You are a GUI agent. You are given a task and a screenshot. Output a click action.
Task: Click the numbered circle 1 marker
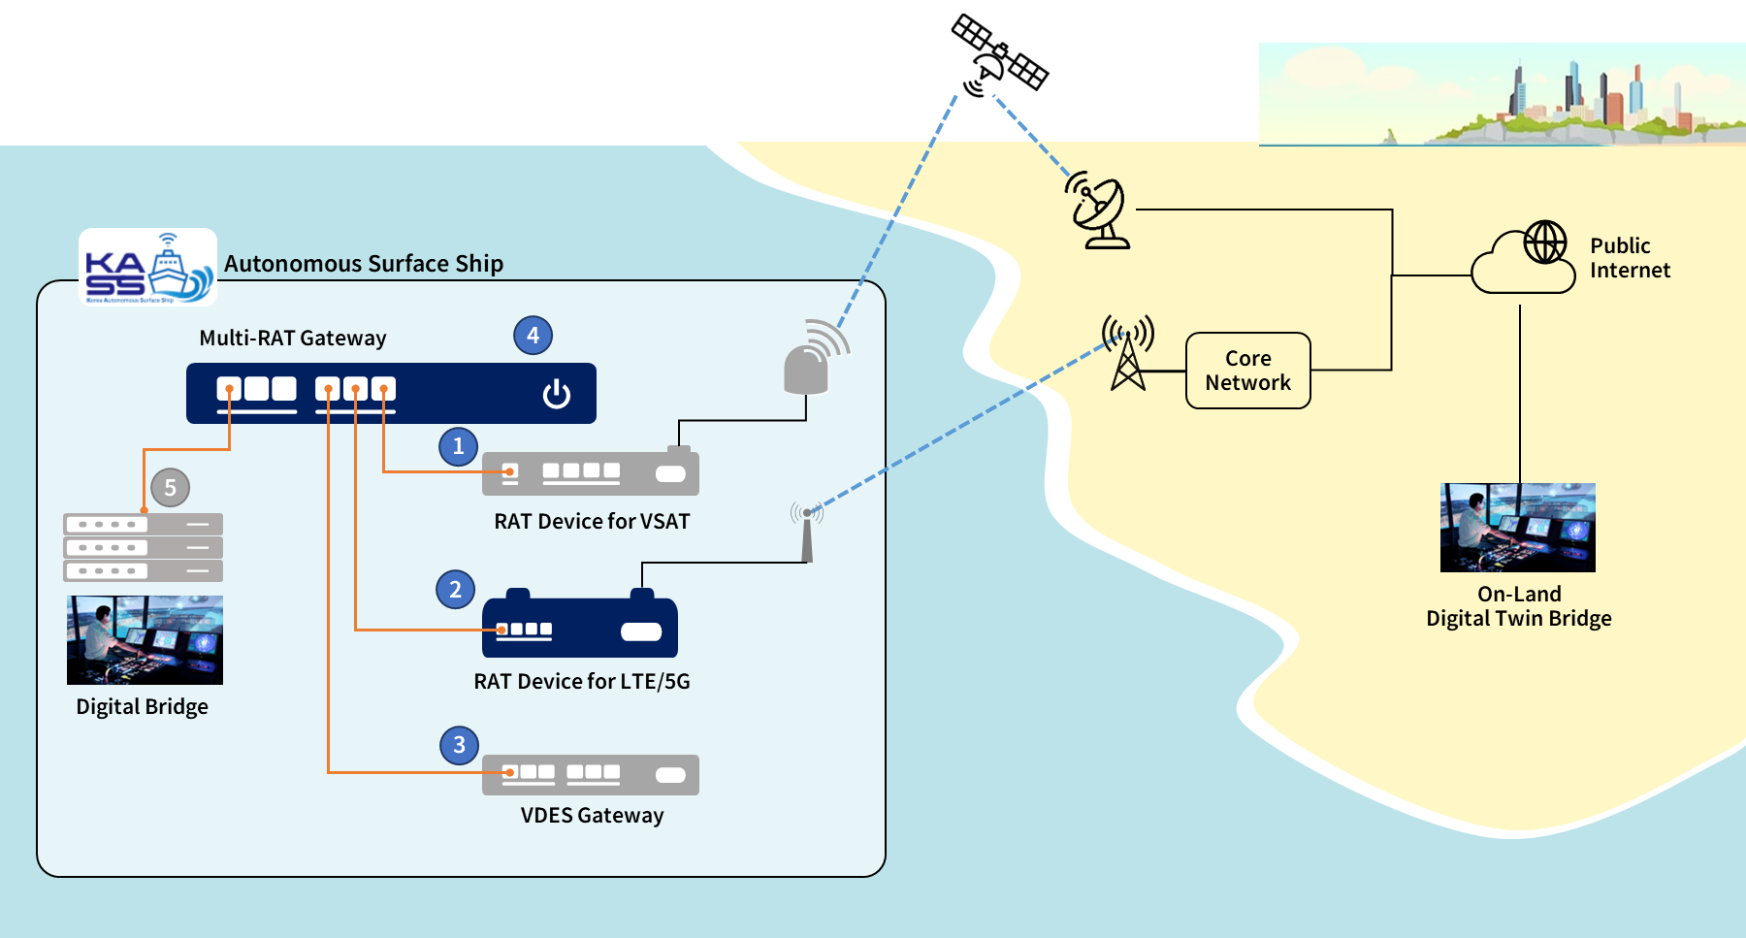[x=458, y=446]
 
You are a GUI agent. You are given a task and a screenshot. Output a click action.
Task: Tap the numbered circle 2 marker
[x=455, y=590]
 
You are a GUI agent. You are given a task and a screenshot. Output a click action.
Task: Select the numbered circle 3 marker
[x=459, y=745]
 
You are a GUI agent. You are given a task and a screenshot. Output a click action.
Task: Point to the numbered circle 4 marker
[x=533, y=336]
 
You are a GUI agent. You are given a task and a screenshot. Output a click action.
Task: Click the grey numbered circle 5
[x=170, y=488]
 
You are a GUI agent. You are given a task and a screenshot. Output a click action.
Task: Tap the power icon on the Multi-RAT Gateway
[x=556, y=394]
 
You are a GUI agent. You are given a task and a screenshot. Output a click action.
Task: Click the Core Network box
[x=1247, y=371]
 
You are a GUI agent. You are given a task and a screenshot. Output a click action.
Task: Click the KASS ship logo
[x=147, y=268]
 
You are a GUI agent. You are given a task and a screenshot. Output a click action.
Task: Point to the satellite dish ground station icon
[x=1099, y=211]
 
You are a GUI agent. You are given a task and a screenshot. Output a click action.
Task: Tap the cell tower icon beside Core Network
[x=1127, y=353]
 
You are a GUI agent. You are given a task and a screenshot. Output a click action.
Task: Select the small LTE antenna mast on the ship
[x=806, y=534]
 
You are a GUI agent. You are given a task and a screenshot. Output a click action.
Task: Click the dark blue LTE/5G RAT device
[x=579, y=628]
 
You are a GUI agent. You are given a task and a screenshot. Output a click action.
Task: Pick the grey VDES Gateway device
[x=590, y=774]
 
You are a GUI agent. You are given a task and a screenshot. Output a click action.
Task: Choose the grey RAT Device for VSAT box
[x=590, y=473]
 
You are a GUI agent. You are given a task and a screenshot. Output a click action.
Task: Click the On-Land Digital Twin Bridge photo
[x=1517, y=528]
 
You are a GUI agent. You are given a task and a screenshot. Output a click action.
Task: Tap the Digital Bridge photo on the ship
[x=145, y=640]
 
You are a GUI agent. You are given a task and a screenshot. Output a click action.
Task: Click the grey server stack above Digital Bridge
[x=143, y=547]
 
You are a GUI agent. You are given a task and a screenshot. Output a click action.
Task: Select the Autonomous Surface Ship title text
[x=364, y=264]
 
